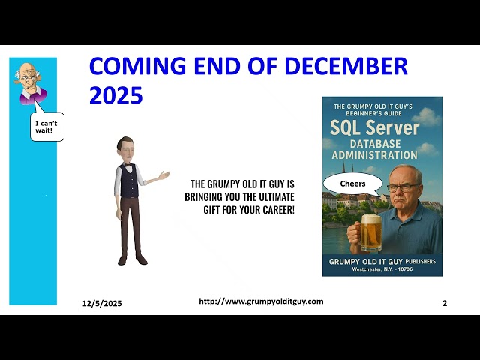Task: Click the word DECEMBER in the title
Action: tap(353, 66)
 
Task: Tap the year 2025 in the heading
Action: tap(115, 95)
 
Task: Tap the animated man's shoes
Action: tap(131, 259)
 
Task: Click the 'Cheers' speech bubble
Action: tap(352, 184)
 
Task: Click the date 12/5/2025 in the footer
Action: tap(101, 303)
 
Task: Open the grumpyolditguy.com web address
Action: tap(261, 301)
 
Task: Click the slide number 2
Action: tap(445, 303)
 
